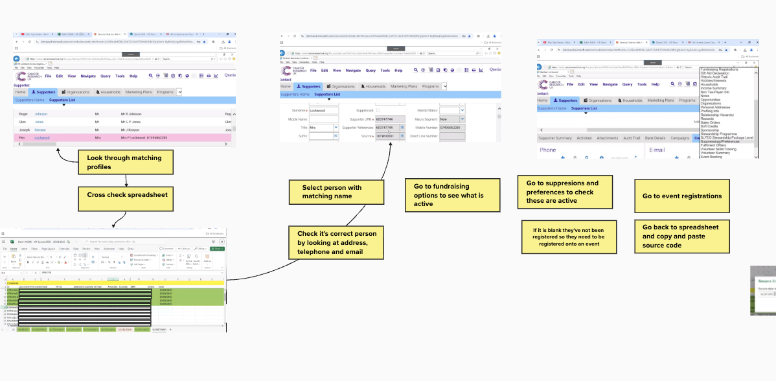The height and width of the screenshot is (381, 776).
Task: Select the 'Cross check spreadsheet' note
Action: (127, 195)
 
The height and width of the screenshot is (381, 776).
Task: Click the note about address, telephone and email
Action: (336, 242)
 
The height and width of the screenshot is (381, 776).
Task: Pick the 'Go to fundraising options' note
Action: (453, 195)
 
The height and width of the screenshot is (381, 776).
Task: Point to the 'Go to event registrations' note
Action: (681, 196)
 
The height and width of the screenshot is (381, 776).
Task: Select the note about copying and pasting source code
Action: (681, 236)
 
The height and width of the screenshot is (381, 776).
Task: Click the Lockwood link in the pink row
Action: (41, 138)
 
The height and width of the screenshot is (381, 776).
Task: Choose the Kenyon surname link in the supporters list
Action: (41, 130)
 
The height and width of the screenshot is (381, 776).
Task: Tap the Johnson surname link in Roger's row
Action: (41, 114)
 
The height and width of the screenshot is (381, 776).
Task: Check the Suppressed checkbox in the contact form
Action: (378, 111)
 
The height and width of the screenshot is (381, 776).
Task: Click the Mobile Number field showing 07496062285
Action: (452, 128)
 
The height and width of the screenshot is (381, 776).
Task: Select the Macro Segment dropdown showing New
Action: (452, 119)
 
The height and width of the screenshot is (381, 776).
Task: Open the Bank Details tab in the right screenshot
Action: (655, 138)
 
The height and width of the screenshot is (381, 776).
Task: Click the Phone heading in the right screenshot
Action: (548, 150)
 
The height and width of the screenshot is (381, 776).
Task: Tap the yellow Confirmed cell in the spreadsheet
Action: (13, 283)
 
